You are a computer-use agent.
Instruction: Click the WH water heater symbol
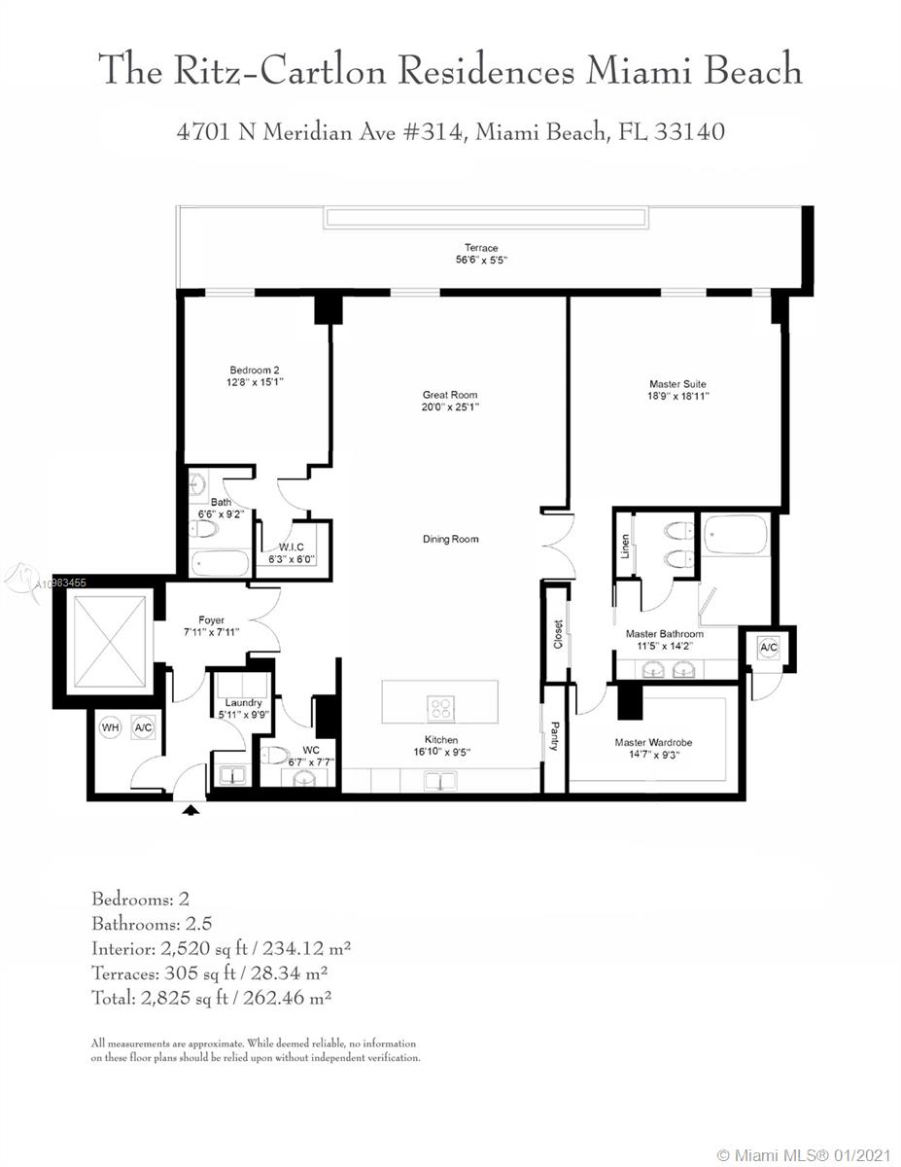coord(111,727)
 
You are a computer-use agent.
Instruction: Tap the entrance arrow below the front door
coord(191,809)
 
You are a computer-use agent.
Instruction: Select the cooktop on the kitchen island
coord(441,708)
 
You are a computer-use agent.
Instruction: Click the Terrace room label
coord(481,248)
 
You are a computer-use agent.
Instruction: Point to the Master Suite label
coord(677,384)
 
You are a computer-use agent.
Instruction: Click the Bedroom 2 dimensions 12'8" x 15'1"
coord(255,382)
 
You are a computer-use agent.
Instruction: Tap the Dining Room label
coord(450,539)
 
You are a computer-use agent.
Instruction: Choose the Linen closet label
coord(625,547)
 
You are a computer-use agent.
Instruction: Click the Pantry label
coord(555,736)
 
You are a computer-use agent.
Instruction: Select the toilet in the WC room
coord(274,755)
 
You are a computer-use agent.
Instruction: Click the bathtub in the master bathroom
coord(735,534)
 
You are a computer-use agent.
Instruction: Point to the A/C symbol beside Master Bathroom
coord(769,648)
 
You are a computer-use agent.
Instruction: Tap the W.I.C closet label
coord(292,547)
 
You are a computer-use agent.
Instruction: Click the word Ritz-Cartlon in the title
coord(280,70)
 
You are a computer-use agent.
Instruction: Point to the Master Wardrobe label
coord(653,743)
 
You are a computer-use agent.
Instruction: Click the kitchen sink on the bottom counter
coord(440,780)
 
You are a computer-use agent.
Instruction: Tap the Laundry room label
coord(243,702)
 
